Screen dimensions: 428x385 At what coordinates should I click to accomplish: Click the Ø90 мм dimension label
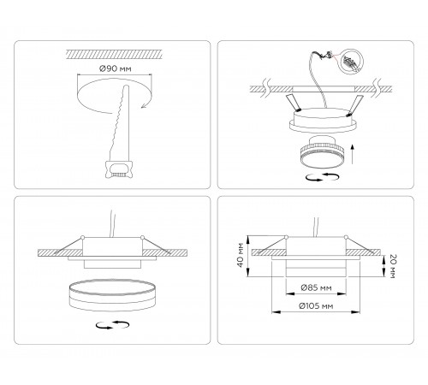click(115, 68)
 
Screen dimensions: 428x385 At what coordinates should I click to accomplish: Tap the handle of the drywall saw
click(119, 169)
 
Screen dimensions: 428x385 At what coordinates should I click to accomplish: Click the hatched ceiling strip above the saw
click(115, 55)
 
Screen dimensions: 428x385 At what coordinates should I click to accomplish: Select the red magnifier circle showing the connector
click(352, 60)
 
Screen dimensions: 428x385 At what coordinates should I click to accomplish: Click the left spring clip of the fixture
click(293, 102)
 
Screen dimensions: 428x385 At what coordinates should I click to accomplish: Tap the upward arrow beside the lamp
click(353, 154)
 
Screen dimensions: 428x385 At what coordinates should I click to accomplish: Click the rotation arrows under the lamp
click(323, 177)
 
